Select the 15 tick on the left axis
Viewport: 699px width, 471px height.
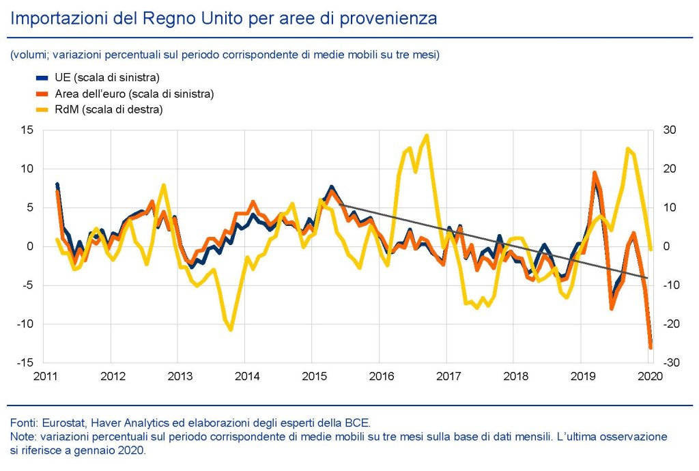[28, 130]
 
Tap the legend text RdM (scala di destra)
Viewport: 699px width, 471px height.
[108, 109]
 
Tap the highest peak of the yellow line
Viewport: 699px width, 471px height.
[427, 135]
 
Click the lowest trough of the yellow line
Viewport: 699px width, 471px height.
[231, 330]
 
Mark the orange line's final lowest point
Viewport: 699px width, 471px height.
[651, 348]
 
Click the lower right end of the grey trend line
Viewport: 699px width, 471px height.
[647, 278]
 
